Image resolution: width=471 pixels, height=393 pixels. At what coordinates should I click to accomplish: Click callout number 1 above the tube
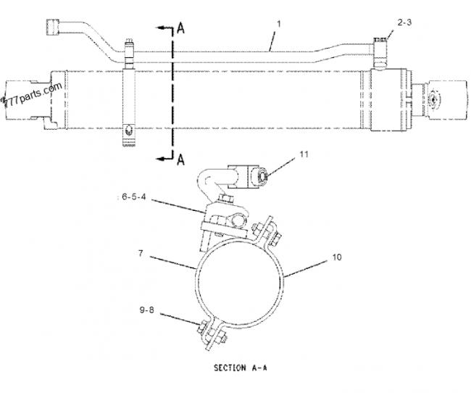[x=278, y=24]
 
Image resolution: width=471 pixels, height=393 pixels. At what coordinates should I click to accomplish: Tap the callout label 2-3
[x=404, y=22]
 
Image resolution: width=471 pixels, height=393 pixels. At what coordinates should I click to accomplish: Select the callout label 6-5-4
[x=133, y=197]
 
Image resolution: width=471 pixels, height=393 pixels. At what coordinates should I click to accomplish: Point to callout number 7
[x=141, y=254]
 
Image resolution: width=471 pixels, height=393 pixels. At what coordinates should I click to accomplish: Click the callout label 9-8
[x=146, y=310]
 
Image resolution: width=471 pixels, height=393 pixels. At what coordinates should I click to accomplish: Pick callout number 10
[x=337, y=257]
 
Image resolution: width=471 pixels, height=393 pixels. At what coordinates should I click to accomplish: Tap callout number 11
[x=304, y=154]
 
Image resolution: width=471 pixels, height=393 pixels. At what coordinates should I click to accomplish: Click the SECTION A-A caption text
[x=241, y=368]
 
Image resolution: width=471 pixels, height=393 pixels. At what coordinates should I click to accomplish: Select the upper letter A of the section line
[x=180, y=28]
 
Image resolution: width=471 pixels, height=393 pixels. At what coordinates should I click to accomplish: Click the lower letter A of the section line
[x=180, y=160]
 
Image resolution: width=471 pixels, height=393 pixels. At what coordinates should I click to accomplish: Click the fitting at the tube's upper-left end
[x=54, y=28]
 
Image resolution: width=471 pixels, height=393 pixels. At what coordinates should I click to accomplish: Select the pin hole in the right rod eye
[x=433, y=99]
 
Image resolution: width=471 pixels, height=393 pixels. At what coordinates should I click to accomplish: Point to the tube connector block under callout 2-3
[x=381, y=54]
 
